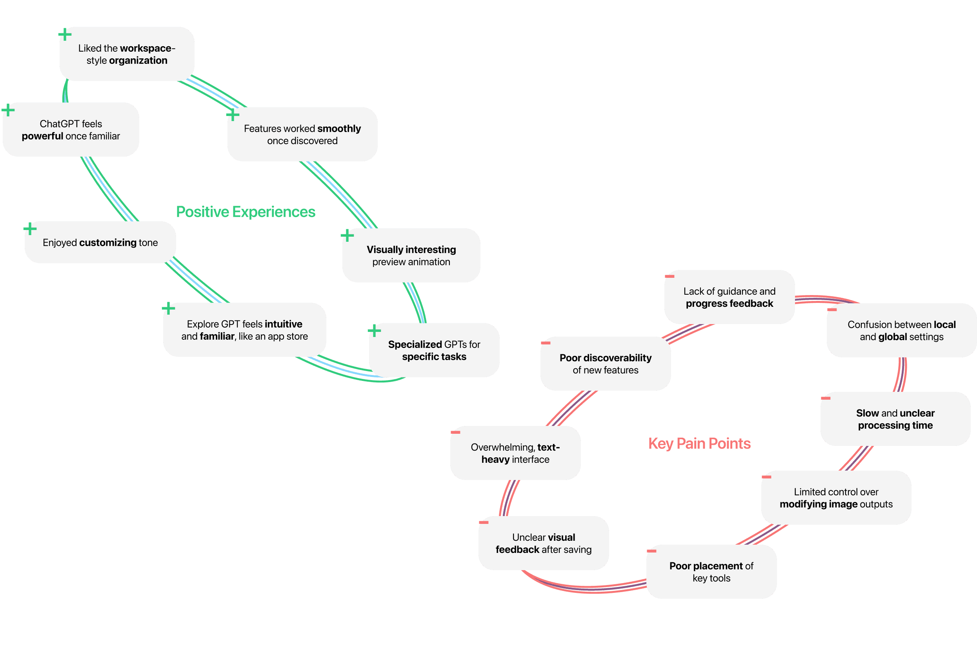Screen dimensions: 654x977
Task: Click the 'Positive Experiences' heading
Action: tap(246, 212)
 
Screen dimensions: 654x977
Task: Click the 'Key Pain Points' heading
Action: tap(699, 443)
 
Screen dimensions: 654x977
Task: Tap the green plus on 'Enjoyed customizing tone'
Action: tap(30, 228)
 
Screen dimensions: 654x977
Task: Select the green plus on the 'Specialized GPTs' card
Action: tap(374, 331)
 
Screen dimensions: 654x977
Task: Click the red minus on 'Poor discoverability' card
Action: tap(546, 343)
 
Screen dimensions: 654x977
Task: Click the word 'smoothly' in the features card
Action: tap(339, 129)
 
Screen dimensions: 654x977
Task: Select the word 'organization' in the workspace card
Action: tap(138, 60)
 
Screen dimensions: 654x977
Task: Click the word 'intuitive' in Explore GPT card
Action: tap(284, 324)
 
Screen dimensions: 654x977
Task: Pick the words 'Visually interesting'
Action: tap(411, 250)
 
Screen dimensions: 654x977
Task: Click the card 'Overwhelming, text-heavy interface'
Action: tap(515, 453)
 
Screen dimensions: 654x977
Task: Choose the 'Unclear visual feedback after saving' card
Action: tap(543, 543)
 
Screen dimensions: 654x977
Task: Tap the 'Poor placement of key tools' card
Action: tap(711, 572)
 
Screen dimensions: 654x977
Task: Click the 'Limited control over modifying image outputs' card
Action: tap(836, 498)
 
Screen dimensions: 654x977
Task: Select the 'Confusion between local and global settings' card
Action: tap(901, 330)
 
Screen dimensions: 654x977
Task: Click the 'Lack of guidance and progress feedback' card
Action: tap(729, 297)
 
